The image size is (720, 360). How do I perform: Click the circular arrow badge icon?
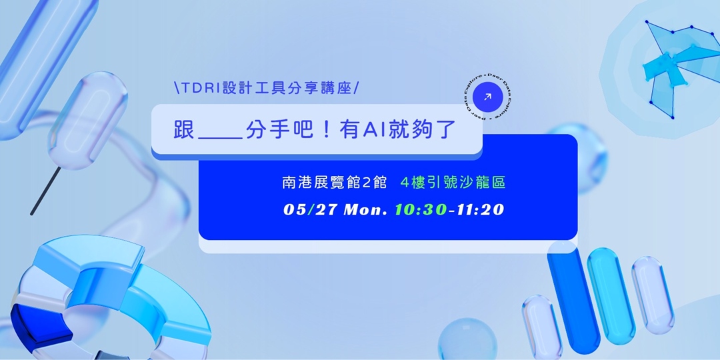[x=487, y=97]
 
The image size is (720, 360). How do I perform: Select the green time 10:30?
[x=420, y=209]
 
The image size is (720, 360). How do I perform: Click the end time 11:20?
[x=480, y=209]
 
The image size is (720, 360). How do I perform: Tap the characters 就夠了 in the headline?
[x=427, y=130]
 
